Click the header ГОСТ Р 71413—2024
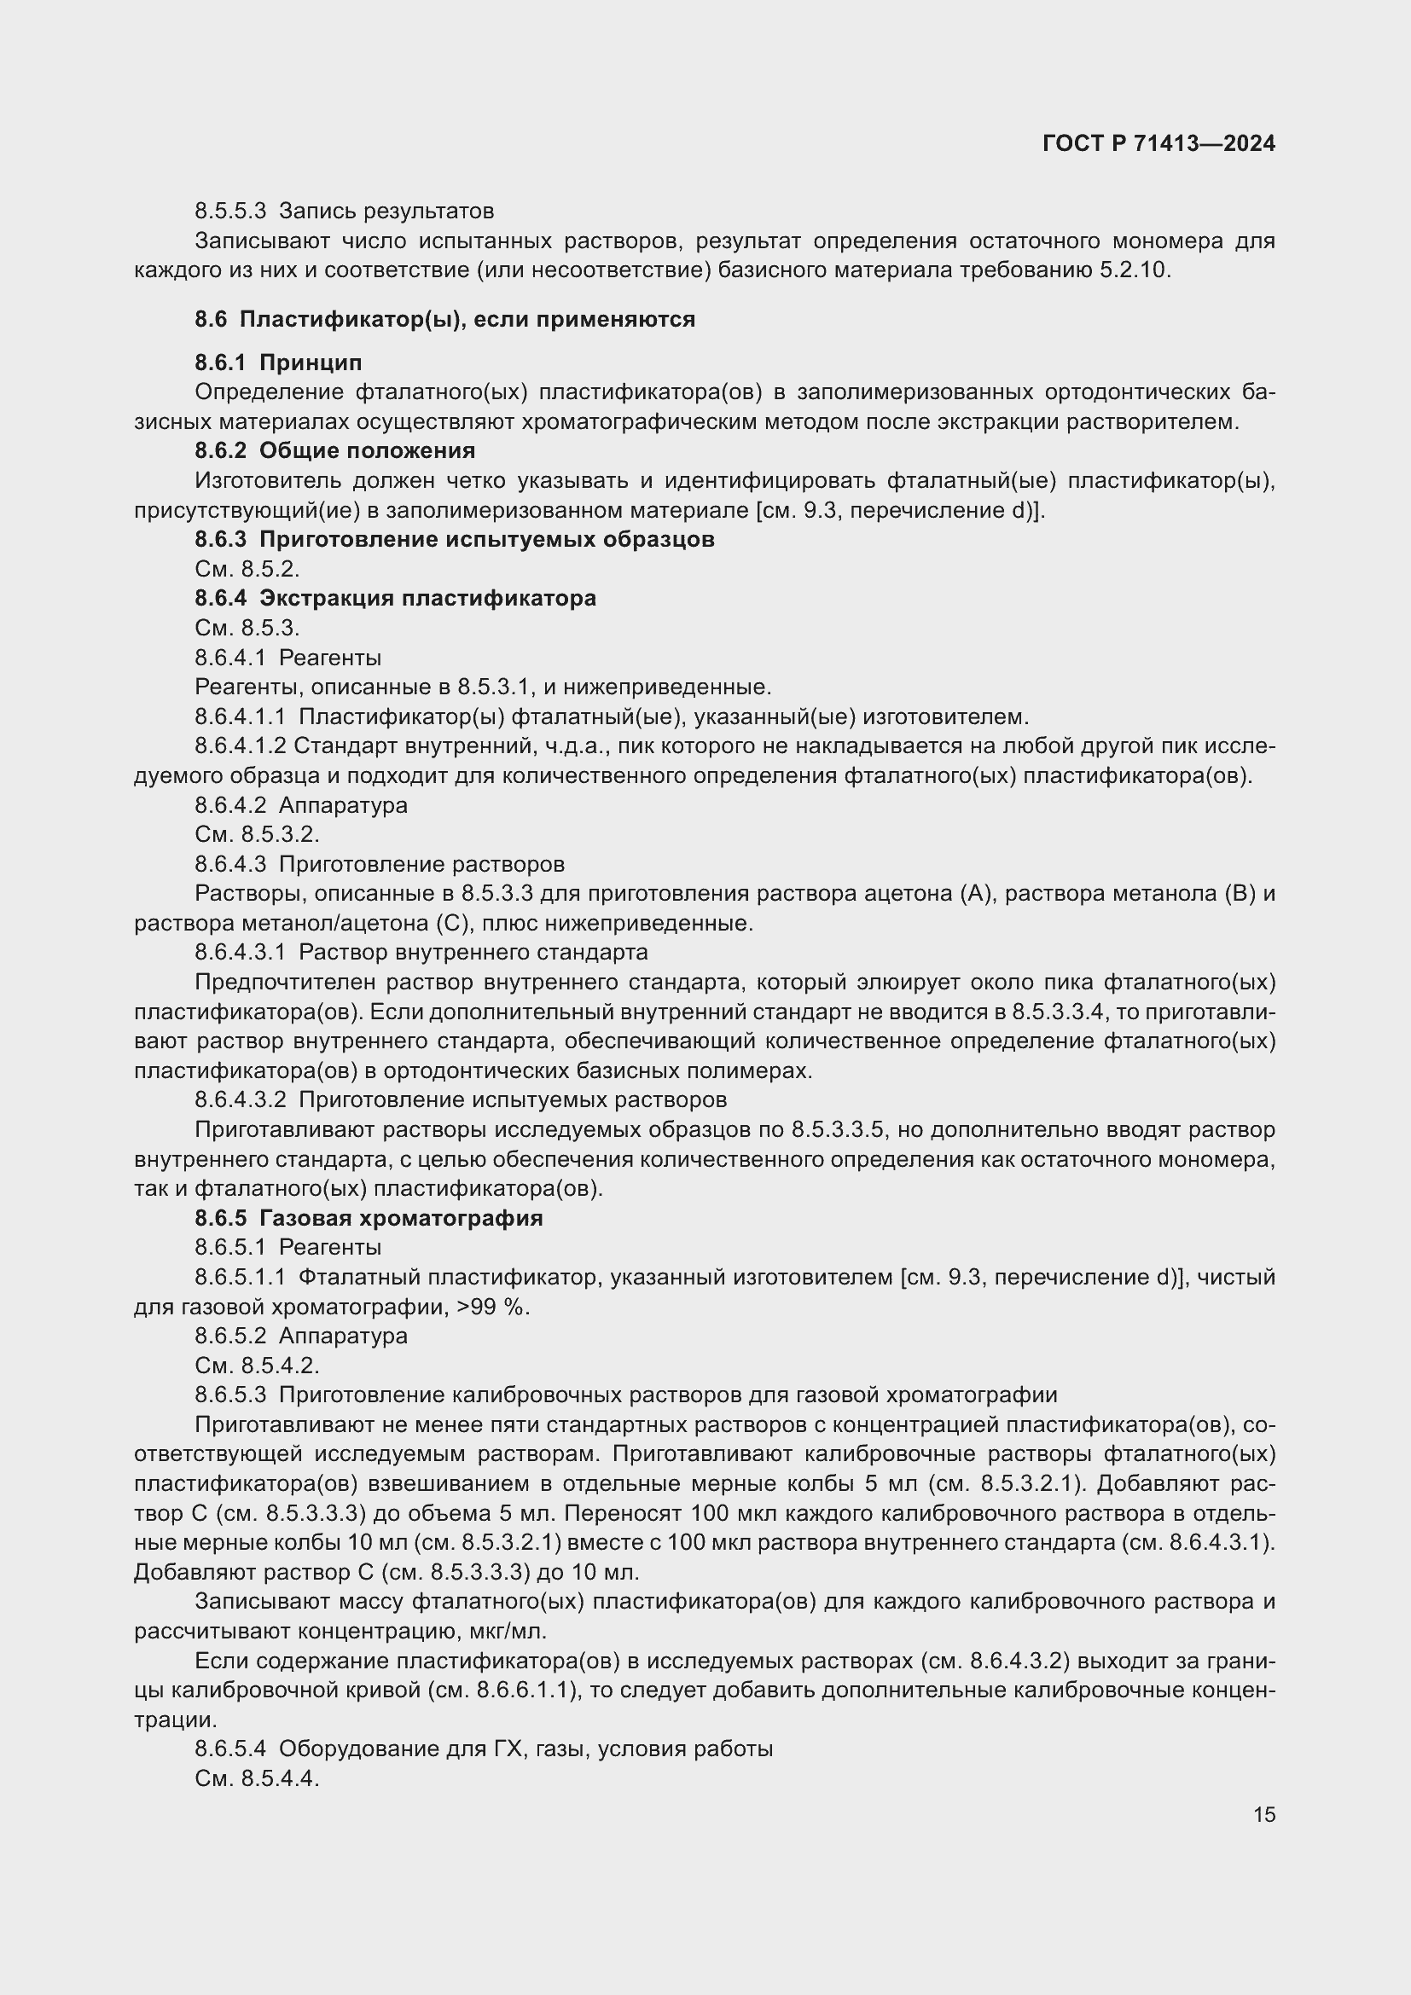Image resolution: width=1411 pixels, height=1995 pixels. (x=1158, y=143)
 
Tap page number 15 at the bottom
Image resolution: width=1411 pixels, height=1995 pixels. (x=1264, y=1815)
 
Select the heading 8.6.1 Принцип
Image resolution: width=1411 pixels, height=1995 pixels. (x=278, y=362)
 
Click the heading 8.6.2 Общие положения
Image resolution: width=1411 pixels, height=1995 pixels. (x=334, y=450)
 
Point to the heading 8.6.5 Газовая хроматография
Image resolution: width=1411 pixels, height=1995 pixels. (x=369, y=1218)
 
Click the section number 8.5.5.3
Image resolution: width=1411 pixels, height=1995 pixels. (x=230, y=212)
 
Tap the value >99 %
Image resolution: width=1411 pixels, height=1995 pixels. (x=498, y=1307)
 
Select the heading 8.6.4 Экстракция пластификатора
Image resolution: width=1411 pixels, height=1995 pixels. (x=395, y=598)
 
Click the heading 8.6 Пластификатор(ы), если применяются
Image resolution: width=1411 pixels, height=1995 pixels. (x=444, y=319)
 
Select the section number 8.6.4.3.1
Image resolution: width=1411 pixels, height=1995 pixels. (x=240, y=953)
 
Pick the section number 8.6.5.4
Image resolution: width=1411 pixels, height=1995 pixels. (x=230, y=1749)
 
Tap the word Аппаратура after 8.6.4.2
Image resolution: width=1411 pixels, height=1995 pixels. (x=343, y=804)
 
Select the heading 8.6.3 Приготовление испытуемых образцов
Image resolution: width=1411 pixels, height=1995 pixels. (x=455, y=539)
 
